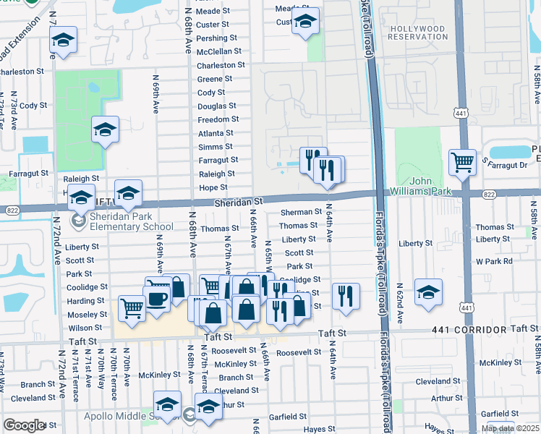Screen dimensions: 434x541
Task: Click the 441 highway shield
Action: coord(461,113)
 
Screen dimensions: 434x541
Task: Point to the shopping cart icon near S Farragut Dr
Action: coord(461,162)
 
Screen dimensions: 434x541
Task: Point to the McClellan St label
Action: coord(219,52)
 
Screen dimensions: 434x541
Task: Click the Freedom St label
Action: coord(218,119)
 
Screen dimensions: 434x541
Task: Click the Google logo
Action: coord(23,425)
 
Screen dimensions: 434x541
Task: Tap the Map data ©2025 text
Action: coord(510,428)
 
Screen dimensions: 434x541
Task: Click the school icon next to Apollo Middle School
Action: coord(166,404)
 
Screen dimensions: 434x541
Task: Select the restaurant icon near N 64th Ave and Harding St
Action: coord(346,295)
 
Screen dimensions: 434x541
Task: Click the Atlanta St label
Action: coord(216,133)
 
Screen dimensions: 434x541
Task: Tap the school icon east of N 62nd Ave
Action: coord(429,292)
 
